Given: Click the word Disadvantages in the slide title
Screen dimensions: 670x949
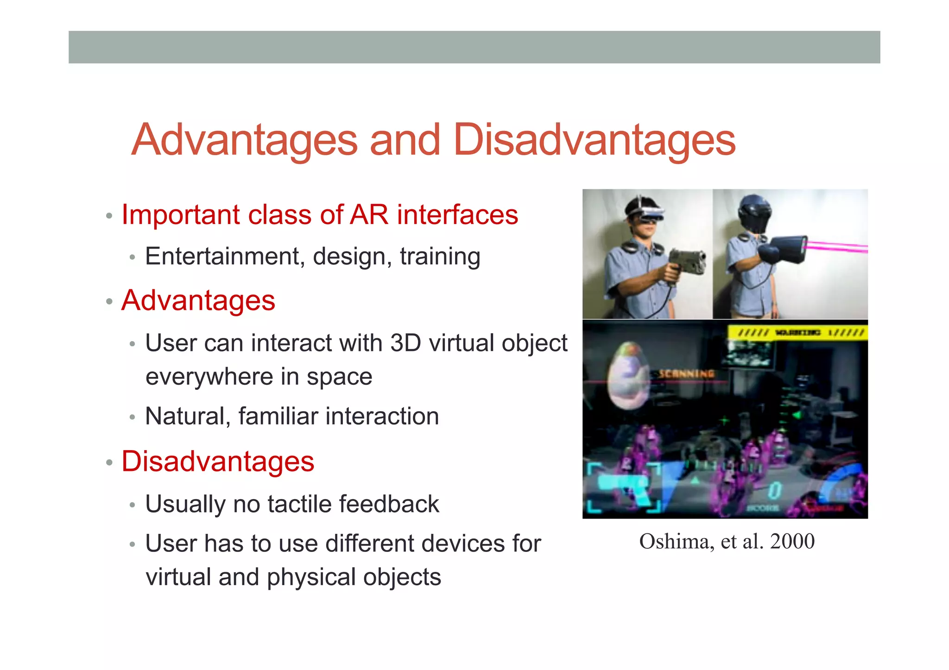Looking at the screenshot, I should pos(594,140).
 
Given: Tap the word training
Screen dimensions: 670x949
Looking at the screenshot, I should pos(440,257).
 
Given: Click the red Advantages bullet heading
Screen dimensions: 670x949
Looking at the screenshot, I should pos(198,301).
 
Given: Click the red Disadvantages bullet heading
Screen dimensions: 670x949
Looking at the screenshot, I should pos(218,462).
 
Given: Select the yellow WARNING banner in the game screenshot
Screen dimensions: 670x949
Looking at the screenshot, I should pos(797,332).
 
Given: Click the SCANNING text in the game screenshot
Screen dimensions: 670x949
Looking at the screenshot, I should pos(687,373).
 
